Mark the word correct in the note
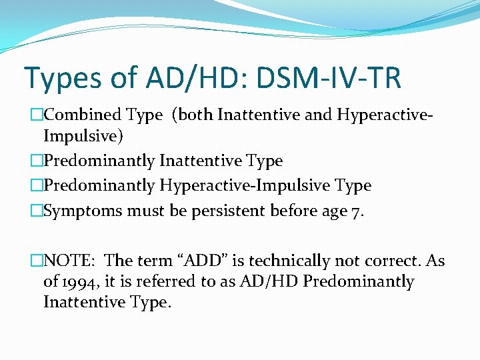click(387, 261)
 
